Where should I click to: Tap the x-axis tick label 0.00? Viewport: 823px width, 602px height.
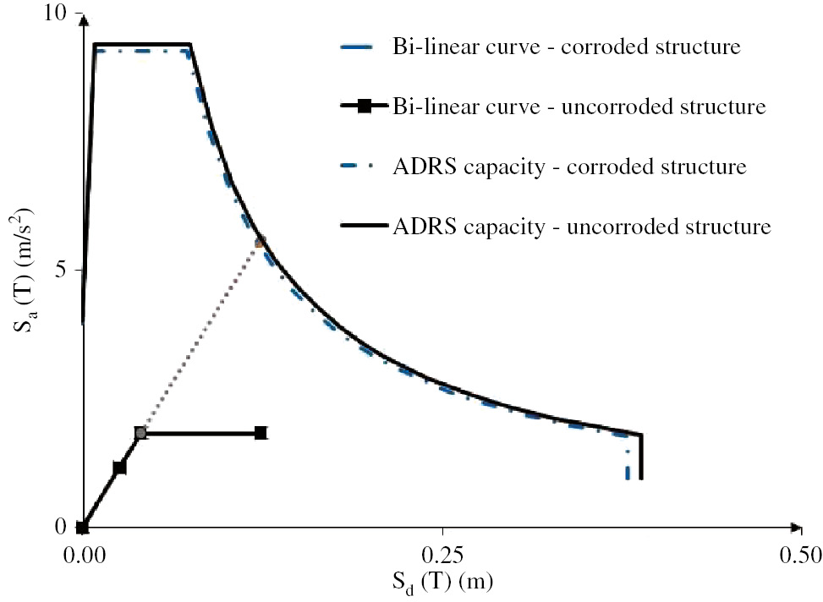[x=83, y=555]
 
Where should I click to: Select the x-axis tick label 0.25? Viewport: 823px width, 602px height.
[x=443, y=555]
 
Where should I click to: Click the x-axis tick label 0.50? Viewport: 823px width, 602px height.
[x=799, y=555]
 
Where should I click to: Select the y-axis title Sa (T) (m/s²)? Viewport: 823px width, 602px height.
[x=25, y=271]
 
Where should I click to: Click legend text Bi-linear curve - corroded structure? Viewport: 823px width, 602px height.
[x=566, y=47]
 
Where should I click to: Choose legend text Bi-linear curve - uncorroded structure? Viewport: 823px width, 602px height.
[x=579, y=107]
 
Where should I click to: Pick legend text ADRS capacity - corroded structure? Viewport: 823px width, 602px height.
[x=568, y=167]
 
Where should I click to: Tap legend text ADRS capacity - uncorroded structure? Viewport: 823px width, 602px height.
[x=581, y=227]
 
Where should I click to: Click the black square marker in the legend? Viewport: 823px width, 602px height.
[x=363, y=107]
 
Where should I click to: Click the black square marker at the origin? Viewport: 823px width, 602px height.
[x=82, y=528]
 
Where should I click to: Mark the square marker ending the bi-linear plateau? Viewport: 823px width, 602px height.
[x=261, y=433]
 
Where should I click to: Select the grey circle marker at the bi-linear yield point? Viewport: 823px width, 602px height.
[x=140, y=433]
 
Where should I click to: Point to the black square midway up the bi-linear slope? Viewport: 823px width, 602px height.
[x=119, y=468]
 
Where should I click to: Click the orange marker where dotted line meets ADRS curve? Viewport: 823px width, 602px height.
[x=260, y=242]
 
